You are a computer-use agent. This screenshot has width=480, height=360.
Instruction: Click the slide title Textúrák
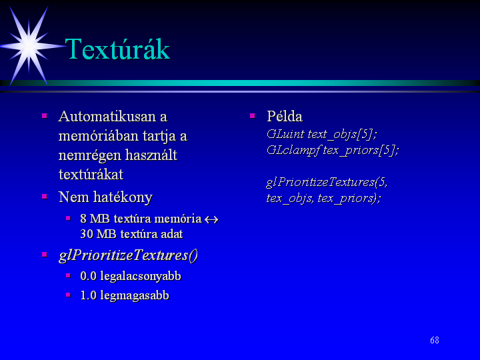point(117,49)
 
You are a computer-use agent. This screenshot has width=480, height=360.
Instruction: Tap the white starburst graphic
point(29,46)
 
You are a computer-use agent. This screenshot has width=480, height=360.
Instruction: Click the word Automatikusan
point(107,116)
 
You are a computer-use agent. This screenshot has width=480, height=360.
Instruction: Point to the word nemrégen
point(89,155)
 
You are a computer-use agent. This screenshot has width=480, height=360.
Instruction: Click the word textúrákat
point(91,175)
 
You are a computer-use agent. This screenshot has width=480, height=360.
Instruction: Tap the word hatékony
point(123,197)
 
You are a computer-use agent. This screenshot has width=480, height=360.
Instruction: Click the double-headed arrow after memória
point(211,219)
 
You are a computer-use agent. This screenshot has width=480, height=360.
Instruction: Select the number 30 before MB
point(87,234)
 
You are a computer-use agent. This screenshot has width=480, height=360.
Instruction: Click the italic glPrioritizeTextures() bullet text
point(129,255)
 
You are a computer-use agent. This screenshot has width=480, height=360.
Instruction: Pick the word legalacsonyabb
point(141,277)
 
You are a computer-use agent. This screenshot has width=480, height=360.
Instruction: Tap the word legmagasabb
point(135,296)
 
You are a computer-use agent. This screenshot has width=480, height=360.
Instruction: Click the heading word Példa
point(285,116)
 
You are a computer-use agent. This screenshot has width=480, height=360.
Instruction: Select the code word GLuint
point(285,134)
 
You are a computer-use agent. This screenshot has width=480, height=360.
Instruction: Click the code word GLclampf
point(293,150)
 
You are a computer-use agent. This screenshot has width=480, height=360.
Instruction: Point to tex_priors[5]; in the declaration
point(361,150)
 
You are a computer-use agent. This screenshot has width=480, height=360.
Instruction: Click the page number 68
point(435,340)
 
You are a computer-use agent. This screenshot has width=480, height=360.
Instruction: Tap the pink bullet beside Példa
point(253,116)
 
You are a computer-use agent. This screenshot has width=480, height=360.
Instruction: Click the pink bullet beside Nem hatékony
point(45,196)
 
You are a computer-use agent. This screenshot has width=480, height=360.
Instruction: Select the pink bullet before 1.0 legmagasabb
point(68,295)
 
